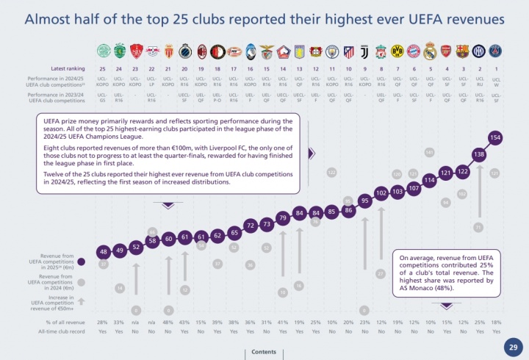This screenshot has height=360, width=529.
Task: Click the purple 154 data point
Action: (495, 137)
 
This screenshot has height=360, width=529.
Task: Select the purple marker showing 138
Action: (479, 155)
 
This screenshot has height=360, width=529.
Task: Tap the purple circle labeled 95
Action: (364, 200)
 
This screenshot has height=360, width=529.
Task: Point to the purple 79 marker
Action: (282, 217)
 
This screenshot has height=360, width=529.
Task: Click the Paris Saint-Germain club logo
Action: (496, 51)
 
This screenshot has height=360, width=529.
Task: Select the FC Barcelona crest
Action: (463, 51)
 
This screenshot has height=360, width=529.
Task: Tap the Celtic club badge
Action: (103, 51)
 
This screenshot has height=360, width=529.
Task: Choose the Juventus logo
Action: (348, 51)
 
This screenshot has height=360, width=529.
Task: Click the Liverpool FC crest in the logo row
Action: (381, 51)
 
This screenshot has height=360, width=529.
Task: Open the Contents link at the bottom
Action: (264, 352)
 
